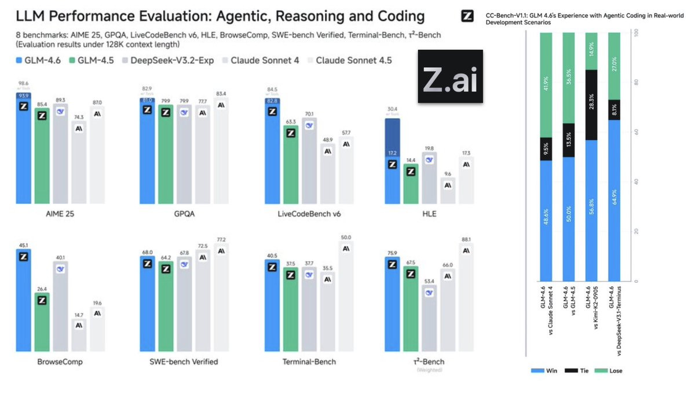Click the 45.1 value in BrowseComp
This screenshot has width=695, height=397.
point(23,244)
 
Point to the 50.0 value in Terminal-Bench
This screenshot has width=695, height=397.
point(346,237)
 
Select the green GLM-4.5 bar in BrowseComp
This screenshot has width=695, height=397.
point(42,322)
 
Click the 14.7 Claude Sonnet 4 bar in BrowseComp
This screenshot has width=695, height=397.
point(79,334)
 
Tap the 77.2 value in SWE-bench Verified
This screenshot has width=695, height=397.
point(221,239)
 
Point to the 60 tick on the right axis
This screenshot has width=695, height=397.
point(636,132)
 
